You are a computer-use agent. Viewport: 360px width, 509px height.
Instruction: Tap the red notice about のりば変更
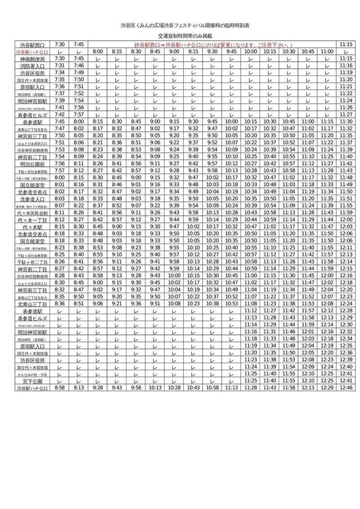[x=214, y=45]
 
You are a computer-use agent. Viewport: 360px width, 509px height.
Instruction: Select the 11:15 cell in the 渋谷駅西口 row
[x=346, y=45]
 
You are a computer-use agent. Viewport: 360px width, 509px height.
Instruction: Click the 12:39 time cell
[x=346, y=360]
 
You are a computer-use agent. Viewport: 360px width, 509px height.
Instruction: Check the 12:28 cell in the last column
[x=346, y=311]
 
